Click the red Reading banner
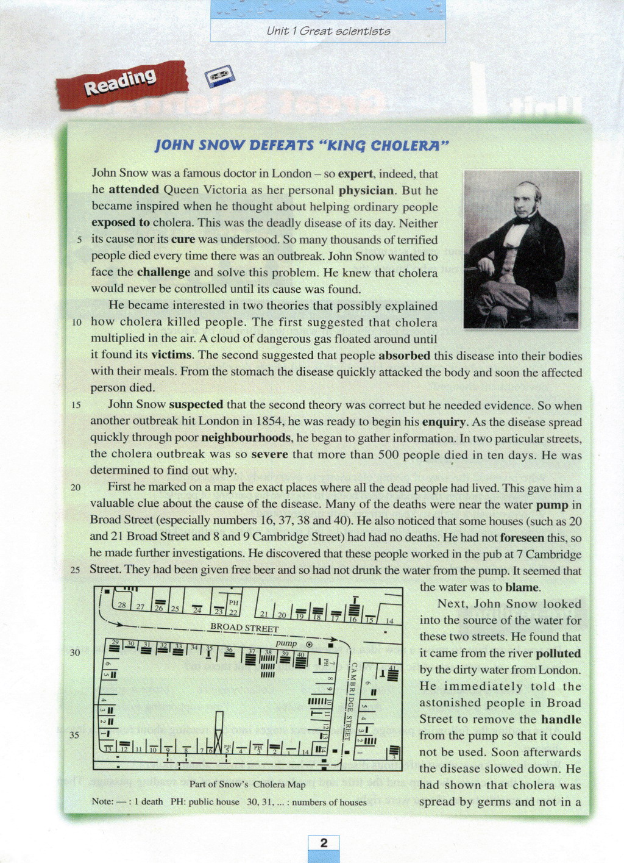click(121, 84)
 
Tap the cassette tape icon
click(219, 76)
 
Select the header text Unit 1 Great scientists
click(328, 31)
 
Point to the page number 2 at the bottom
click(324, 843)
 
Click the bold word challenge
click(163, 272)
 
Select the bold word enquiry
click(444, 421)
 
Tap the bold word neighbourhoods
click(246, 438)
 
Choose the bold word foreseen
click(522, 537)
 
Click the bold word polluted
click(558, 653)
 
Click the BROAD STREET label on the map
click(244, 627)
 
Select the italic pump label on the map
click(286, 643)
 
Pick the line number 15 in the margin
click(76, 405)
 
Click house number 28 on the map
click(122, 605)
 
